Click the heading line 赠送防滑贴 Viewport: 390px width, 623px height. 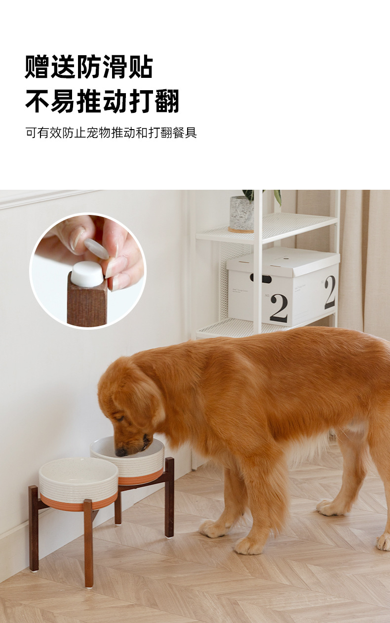coord(89,67)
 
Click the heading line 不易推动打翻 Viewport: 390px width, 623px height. coord(102,101)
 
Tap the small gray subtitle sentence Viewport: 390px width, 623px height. coord(111,133)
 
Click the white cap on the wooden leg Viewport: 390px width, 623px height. coord(87,274)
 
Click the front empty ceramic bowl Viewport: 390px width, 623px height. coord(78,481)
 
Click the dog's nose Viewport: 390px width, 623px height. coord(121,451)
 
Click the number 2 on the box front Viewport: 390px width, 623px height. coord(278,308)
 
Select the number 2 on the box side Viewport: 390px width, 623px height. coord(329,292)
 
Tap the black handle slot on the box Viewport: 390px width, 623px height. coord(260,278)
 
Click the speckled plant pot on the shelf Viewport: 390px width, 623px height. coord(241,214)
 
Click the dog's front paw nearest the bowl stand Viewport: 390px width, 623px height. coord(213,528)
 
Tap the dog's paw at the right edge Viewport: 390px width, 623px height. coord(383,542)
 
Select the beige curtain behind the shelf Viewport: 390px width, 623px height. coord(365,256)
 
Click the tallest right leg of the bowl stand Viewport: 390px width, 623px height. coord(169,498)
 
